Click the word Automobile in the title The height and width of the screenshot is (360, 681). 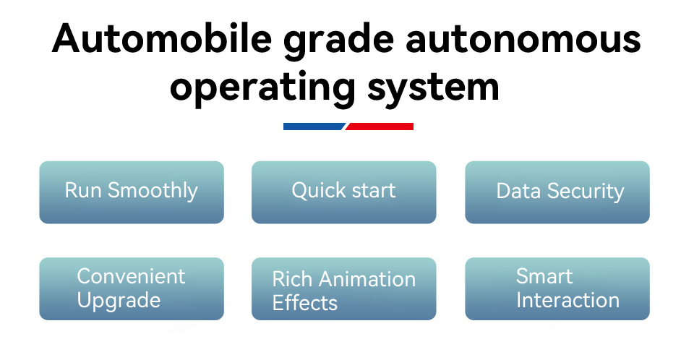161,38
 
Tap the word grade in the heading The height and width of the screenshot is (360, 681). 338,42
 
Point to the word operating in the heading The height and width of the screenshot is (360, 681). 262,88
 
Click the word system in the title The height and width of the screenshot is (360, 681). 434,88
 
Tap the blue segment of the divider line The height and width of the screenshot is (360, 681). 314,127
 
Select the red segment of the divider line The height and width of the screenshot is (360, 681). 380,127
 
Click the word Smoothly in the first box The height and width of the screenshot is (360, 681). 153,191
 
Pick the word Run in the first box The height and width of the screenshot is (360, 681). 82,190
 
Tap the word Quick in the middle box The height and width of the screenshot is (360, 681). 318,191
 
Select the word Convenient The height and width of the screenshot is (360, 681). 131,276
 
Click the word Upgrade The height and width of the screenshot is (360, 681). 119,301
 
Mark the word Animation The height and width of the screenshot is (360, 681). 367,279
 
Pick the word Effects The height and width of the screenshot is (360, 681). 305,303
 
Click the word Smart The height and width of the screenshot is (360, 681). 544,276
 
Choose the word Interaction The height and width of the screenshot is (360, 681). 568,300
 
